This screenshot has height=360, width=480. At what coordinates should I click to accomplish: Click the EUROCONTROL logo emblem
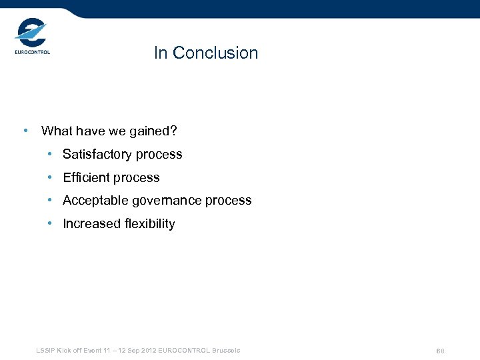click(x=31, y=33)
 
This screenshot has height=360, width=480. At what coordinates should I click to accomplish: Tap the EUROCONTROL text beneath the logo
click(x=32, y=52)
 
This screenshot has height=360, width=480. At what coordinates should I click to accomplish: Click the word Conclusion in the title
click(x=215, y=53)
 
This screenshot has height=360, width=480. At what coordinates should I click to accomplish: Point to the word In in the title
click(x=160, y=53)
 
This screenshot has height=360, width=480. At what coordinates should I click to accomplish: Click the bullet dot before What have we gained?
click(x=25, y=131)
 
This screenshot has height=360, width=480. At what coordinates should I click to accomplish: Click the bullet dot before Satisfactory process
click(x=50, y=155)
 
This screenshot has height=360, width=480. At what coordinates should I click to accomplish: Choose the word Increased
click(x=92, y=224)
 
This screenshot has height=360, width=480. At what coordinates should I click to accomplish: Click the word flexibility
click(x=150, y=224)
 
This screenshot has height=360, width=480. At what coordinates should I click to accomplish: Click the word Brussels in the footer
click(x=227, y=351)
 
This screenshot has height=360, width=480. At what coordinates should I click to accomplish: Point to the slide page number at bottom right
click(x=440, y=351)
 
